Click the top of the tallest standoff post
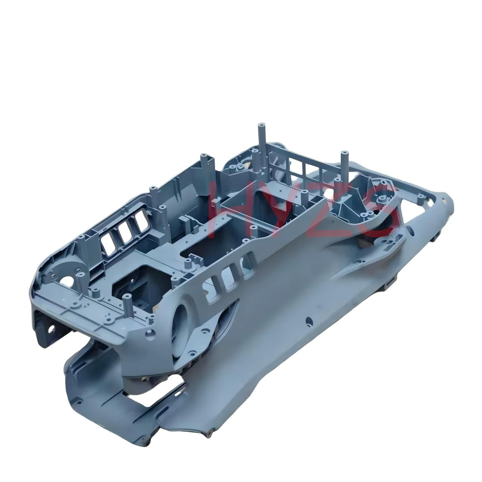pyautogui.click(x=262, y=124)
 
